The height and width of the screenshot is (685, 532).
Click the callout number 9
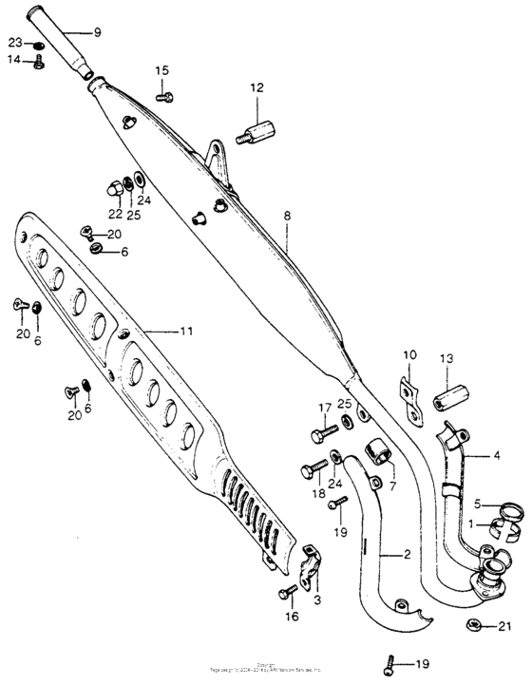pos(96,32)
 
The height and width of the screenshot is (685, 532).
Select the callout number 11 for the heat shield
pos(186,332)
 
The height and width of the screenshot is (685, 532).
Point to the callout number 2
pos(407,552)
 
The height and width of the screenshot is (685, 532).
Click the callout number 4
pos(496,456)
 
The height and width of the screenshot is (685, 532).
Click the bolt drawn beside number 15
pos(162,94)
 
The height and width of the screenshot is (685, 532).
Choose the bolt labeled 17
pos(320,434)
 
